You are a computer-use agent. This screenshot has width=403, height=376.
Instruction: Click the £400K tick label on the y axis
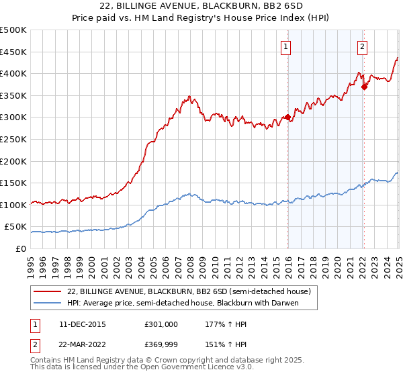coord(13,73)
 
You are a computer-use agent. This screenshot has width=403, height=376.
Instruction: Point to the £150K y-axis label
coord(13,183)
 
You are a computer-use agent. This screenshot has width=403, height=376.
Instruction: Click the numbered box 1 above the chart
coord(286,46)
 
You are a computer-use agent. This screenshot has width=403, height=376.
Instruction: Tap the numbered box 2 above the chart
coord(362,46)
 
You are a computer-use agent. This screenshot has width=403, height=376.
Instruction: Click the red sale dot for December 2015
coord(288,117)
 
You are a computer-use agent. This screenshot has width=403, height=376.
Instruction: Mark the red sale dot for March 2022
coord(364,87)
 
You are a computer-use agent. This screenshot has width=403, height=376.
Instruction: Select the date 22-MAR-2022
coord(79,344)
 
